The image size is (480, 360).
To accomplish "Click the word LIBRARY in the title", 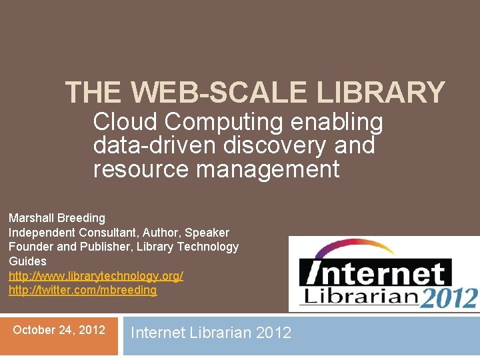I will [380, 93].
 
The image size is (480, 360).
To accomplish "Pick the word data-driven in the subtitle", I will [157, 145].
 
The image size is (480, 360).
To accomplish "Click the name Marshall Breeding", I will [57, 218].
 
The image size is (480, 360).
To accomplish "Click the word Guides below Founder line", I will [27, 261].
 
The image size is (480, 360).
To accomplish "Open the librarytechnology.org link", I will [95, 275].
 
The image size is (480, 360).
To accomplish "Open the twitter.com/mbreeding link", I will [83, 290].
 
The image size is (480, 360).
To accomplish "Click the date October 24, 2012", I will [59, 329].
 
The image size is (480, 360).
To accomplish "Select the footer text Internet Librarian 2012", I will [211, 333].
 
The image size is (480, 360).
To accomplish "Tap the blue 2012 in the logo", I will [448, 297].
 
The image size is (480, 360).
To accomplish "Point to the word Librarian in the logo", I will [359, 295].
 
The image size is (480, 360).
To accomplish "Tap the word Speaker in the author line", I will [207, 233].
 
